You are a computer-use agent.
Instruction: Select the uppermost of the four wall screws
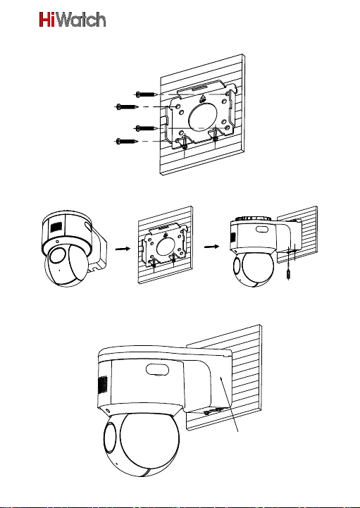pyautogui.click(x=147, y=94)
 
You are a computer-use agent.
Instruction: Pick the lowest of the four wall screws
pyautogui.click(x=128, y=141)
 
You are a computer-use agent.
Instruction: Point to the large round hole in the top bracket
pyautogui.click(x=203, y=116)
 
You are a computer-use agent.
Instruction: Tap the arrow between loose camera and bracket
pyautogui.click(x=123, y=249)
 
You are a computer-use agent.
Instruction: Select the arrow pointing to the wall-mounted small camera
pyautogui.click(x=211, y=247)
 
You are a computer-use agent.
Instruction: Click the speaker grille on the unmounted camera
pyautogui.click(x=56, y=228)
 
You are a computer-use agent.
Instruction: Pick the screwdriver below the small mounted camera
pyautogui.click(x=288, y=267)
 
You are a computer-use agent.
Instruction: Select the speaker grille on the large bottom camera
pyautogui.click(x=103, y=385)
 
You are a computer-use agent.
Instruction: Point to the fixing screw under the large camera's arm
pyautogui.click(x=206, y=412)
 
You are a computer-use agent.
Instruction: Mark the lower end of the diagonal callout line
pyautogui.click(x=239, y=431)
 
